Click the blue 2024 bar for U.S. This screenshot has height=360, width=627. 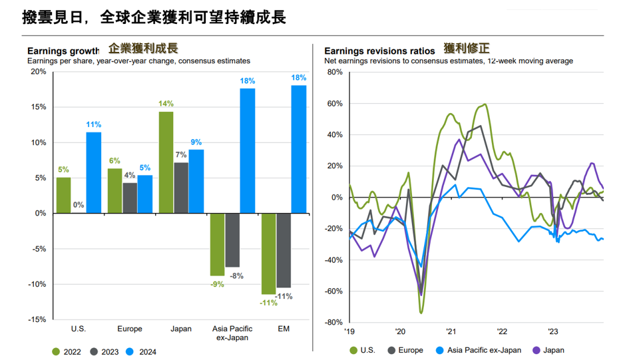tap(94, 172)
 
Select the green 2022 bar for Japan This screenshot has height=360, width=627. tap(166, 162)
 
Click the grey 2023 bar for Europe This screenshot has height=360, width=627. tap(130, 198)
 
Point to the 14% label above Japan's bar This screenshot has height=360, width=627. tap(166, 104)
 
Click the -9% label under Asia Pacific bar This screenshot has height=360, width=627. tap(217, 284)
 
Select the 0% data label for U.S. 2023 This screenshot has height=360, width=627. tap(79, 205)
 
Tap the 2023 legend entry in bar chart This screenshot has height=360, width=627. tap(104, 352)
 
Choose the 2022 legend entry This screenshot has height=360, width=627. tap(67, 352)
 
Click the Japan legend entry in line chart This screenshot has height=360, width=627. tap(549, 350)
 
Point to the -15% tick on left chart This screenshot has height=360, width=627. tap(37, 319)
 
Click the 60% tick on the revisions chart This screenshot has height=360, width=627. tap(333, 104)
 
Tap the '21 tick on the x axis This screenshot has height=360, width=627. tap(450, 331)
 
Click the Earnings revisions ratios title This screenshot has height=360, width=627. tap(379, 51)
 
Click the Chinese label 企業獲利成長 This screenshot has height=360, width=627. tap(143, 48)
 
